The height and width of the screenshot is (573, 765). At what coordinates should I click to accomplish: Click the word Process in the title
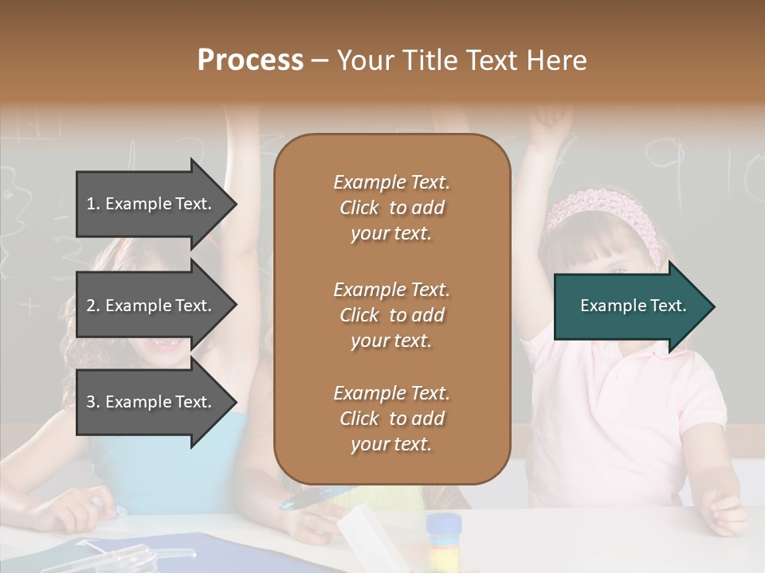[250, 60]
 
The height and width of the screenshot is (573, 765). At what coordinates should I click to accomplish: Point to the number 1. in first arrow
[93, 204]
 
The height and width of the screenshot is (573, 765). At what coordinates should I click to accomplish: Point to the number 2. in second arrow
[93, 306]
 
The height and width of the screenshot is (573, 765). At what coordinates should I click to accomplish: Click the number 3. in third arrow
[93, 402]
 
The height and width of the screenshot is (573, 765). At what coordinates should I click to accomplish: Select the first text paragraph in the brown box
[391, 208]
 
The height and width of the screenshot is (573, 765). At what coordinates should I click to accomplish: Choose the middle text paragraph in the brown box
[391, 315]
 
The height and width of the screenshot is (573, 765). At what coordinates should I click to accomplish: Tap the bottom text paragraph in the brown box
[391, 419]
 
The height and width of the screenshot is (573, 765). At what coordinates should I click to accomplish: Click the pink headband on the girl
[606, 207]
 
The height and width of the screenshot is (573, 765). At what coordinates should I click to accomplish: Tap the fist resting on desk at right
[725, 509]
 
